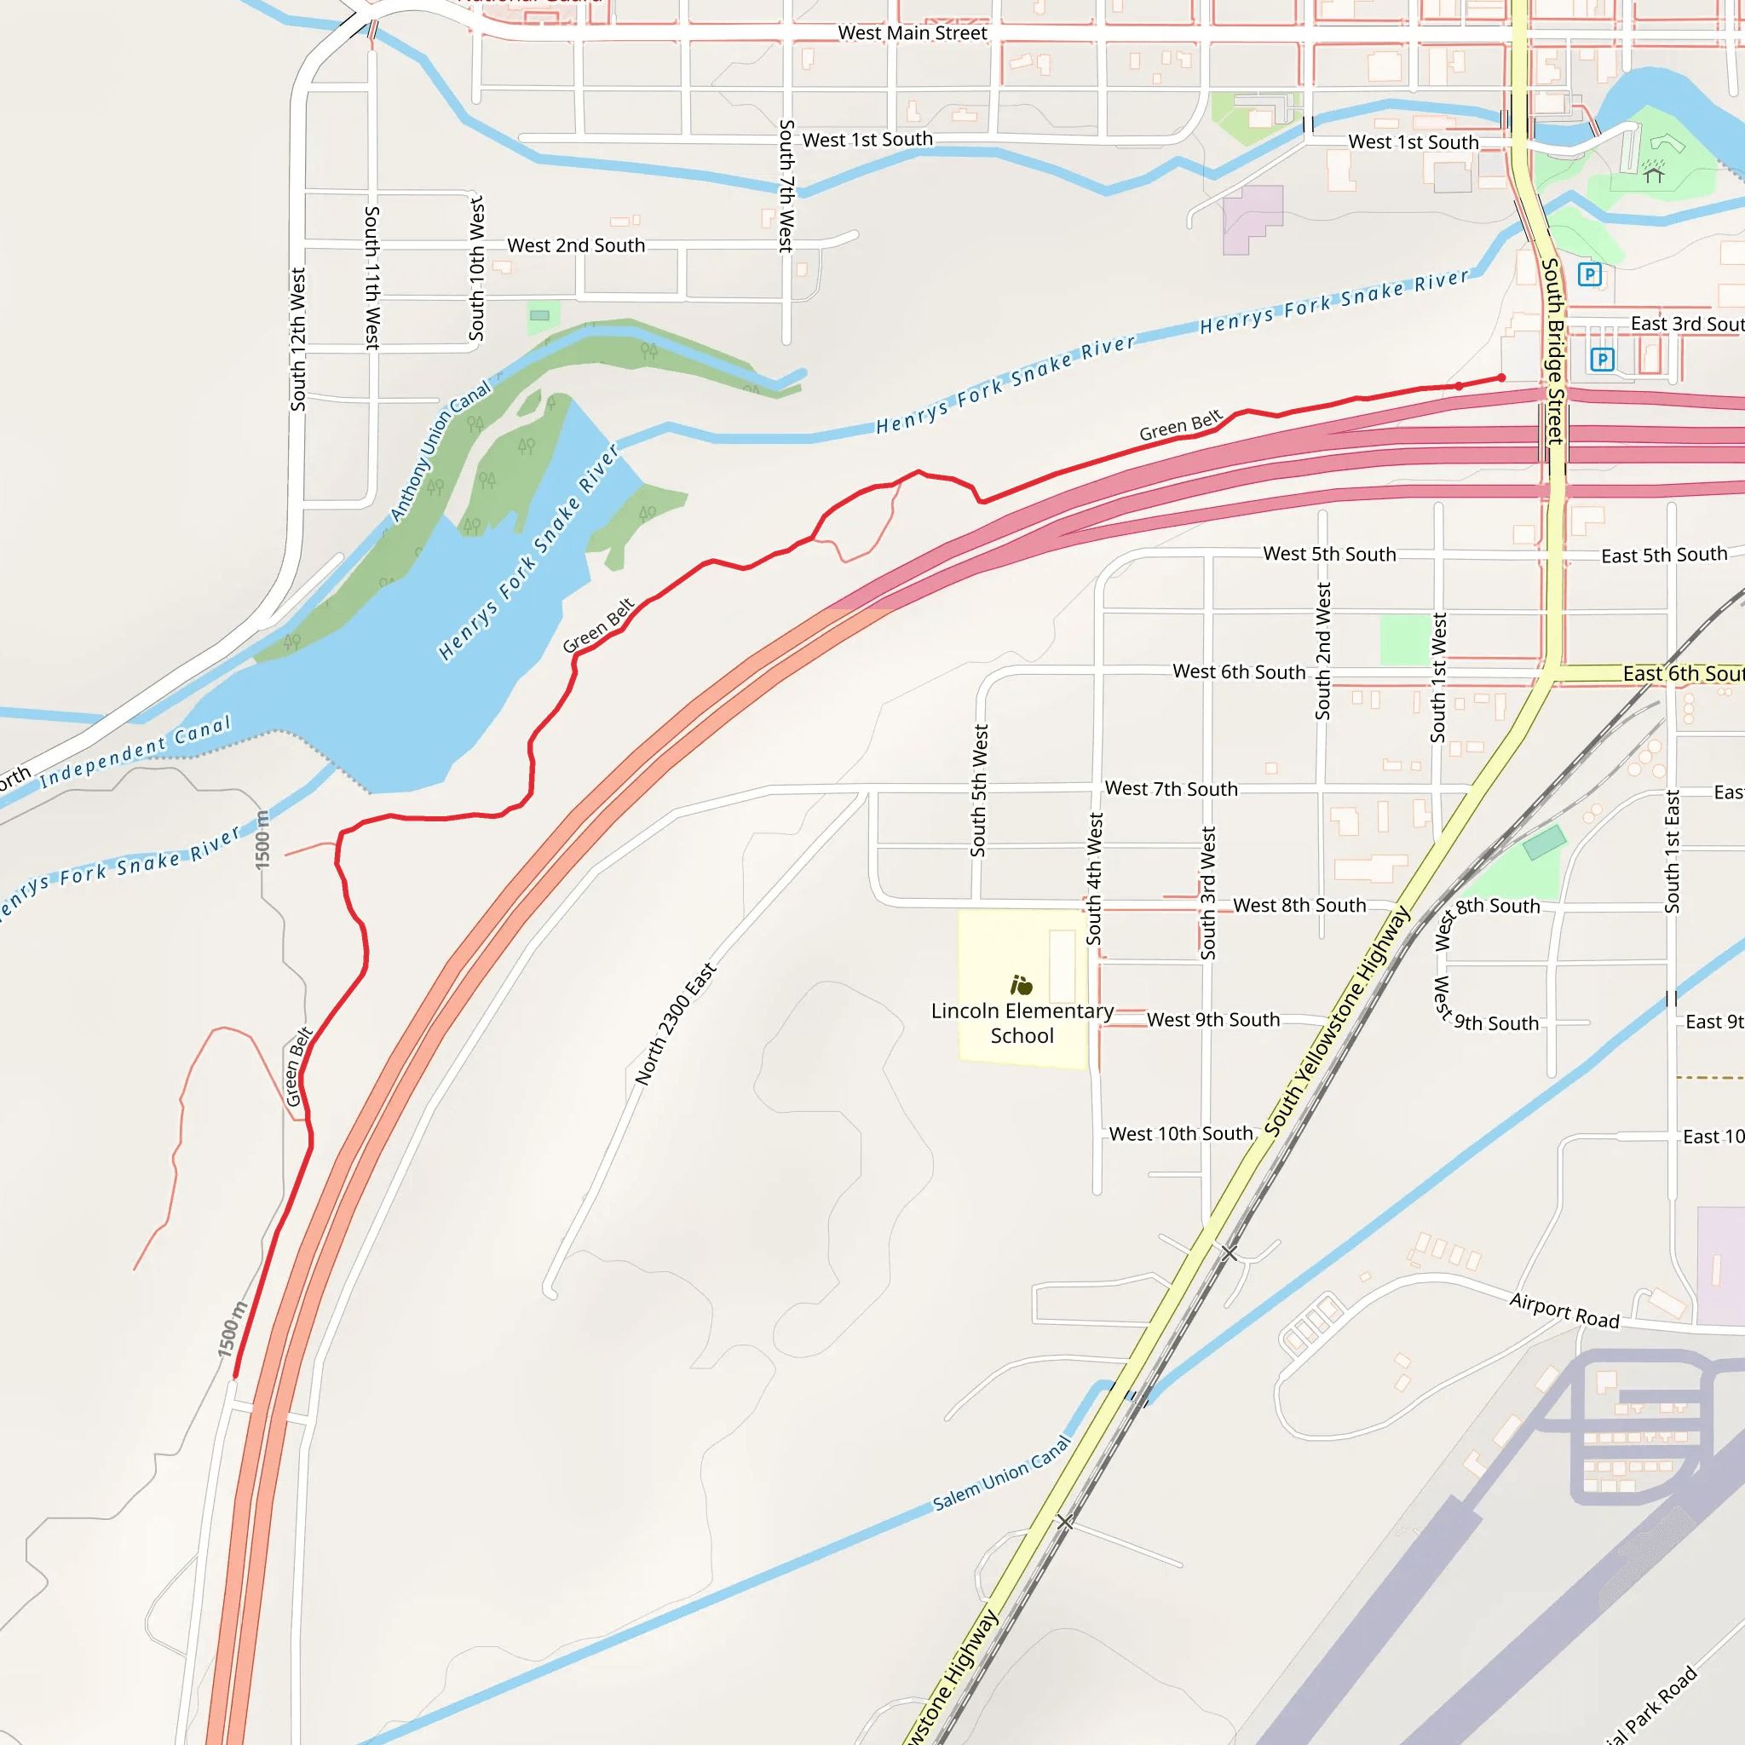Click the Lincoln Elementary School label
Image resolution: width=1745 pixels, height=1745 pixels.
1022,1023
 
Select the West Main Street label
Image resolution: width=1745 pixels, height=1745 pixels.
913,33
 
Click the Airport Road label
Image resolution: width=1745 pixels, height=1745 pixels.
1564,1310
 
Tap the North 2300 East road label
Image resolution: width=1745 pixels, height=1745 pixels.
675,1024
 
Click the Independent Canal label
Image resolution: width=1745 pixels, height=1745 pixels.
136,752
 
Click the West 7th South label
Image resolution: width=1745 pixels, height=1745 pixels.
1171,788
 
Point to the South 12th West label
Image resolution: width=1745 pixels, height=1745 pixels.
298,339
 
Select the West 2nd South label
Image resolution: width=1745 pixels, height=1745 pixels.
575,245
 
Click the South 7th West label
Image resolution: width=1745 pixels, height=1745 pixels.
786,185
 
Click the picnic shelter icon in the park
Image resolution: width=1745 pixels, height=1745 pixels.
1654,170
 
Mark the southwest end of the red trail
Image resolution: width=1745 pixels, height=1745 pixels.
235,1379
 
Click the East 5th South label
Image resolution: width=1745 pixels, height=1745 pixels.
1664,555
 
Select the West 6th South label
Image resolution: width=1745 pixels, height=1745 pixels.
1238,671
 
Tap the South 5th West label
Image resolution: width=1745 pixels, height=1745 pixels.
979,791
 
